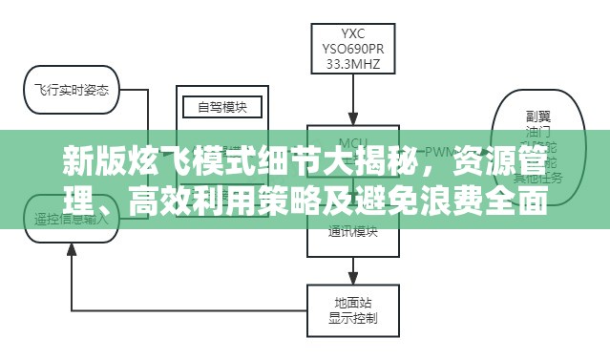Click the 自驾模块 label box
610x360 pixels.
[x=221, y=107]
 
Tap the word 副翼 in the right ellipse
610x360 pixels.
[x=536, y=114]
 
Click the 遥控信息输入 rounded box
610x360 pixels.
[x=73, y=217]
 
